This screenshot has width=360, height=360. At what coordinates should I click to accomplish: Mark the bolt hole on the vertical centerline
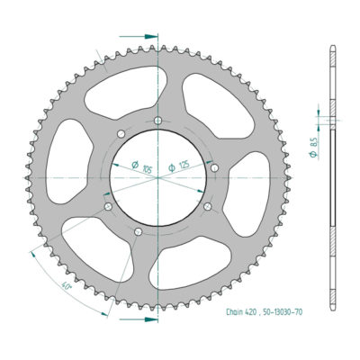pos(158,121)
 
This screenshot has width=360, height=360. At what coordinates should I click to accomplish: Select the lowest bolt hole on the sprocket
pos(137,234)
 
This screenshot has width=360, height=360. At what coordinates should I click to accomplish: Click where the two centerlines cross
pos(158,177)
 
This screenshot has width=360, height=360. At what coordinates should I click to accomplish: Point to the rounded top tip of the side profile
pos(329,45)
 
